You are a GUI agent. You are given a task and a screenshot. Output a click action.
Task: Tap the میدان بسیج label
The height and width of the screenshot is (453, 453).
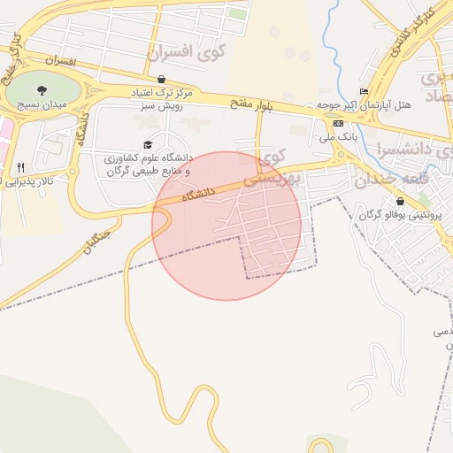(x=36, y=104)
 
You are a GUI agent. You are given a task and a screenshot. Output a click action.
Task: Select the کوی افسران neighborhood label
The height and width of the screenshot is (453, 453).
(x=188, y=53)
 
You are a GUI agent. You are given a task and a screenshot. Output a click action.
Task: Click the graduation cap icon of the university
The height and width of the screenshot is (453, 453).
(x=147, y=145)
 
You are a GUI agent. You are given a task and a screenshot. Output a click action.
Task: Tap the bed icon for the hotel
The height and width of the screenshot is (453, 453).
(x=364, y=92)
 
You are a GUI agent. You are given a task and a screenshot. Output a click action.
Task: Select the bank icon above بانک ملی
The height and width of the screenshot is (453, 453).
(x=339, y=123)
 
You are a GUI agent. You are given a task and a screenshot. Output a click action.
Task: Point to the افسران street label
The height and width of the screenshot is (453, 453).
(x=60, y=61)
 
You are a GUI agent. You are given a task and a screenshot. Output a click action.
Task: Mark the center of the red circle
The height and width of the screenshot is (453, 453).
(x=226, y=226)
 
